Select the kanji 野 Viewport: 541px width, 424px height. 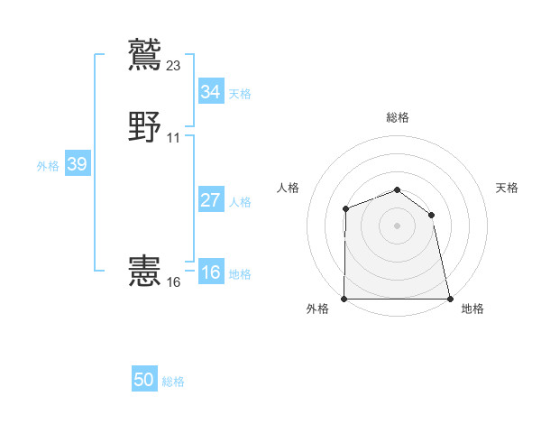click(145, 127)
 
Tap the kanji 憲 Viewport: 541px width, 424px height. click(145, 272)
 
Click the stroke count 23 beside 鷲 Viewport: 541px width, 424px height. click(174, 65)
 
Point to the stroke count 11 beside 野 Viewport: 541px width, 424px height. click(173, 138)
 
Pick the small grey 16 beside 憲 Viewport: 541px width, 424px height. click(174, 282)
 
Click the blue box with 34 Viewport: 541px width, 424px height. click(210, 92)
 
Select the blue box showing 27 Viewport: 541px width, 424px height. click(210, 200)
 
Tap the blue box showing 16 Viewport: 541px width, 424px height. click(210, 273)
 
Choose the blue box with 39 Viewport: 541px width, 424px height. click(77, 164)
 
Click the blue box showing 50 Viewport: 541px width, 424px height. click(144, 381)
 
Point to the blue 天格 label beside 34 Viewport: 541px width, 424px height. click(240, 93)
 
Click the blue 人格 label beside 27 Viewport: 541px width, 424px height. click(240, 201)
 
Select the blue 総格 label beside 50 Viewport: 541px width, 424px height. click(173, 382)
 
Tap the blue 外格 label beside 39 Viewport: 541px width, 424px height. click(48, 165)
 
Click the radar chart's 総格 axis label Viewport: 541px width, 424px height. click(398, 117)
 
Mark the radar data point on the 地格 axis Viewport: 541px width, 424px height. click(450, 299)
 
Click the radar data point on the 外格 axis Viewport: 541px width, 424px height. click(344, 299)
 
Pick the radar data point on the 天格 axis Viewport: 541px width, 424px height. click(432, 215)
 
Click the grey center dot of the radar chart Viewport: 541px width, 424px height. click(398, 226)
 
